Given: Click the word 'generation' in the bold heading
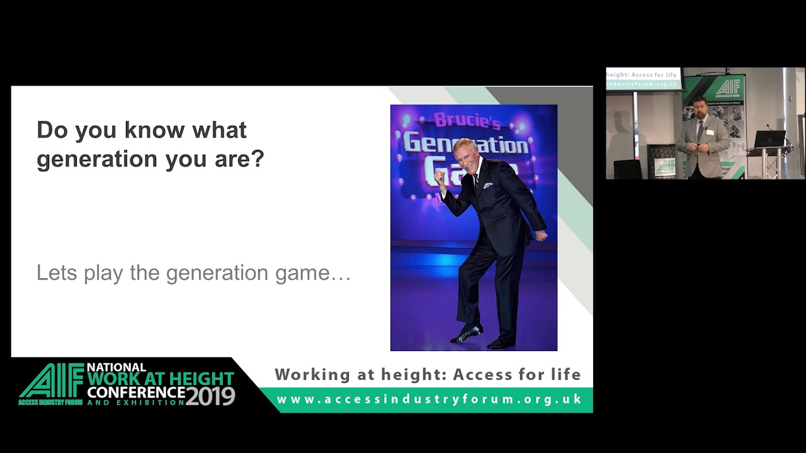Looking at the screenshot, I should [98, 159].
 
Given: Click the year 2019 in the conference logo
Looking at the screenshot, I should [210, 396].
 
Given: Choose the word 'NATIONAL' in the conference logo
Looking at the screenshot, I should [116, 367].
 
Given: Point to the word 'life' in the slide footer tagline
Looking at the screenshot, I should [565, 374].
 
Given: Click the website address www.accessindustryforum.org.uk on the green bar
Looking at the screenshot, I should [429, 400].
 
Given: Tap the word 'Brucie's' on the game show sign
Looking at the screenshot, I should [467, 121].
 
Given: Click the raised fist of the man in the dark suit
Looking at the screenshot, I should [440, 177].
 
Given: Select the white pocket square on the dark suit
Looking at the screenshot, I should [488, 186].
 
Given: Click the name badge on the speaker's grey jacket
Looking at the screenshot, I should [710, 132].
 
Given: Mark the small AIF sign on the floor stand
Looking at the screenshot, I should [665, 166].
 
